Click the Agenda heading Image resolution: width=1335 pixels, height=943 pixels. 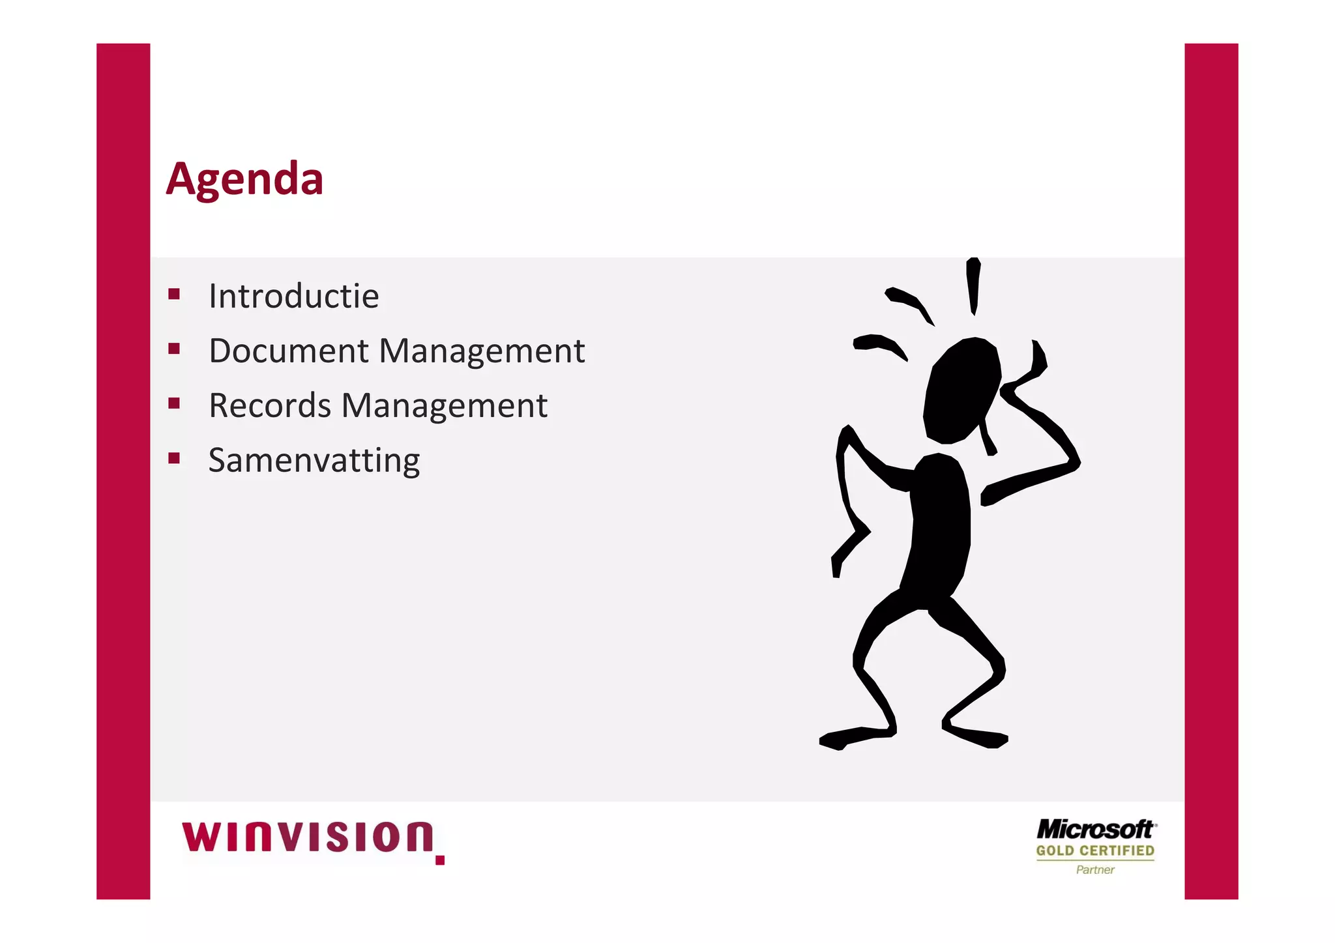(x=244, y=179)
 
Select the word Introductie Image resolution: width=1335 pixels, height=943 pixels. (x=293, y=297)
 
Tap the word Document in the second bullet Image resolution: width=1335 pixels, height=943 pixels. (x=289, y=351)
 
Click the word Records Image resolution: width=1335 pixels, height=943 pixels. (x=270, y=405)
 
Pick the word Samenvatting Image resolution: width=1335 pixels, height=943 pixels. (x=314, y=461)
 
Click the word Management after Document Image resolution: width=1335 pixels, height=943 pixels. (x=482, y=352)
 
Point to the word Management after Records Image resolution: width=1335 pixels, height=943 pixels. (x=444, y=407)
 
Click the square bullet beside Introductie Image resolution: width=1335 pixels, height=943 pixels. (x=173, y=294)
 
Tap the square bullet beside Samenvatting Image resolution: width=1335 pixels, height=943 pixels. (x=173, y=458)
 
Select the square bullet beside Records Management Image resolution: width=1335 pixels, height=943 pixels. (x=173, y=403)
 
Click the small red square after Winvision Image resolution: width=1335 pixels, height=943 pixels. (x=440, y=860)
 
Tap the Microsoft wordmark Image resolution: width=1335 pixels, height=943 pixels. (x=1095, y=830)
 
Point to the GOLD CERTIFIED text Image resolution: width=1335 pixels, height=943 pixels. (x=1095, y=850)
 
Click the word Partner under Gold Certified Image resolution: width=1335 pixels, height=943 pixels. (x=1095, y=870)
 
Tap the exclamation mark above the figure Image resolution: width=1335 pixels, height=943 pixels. (x=973, y=285)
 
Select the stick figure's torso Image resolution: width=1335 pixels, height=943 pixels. (x=939, y=521)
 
